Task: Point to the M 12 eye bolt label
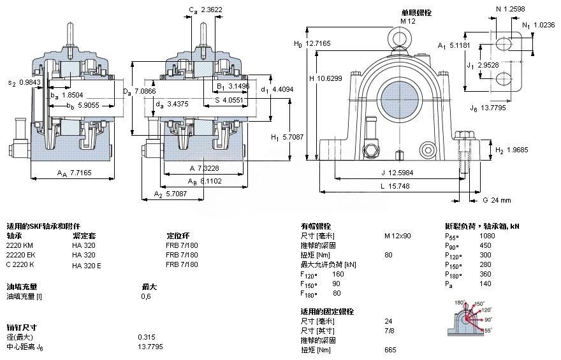[407, 21]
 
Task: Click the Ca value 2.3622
[212, 10]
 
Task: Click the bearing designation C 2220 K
[21, 264]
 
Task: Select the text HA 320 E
[87, 264]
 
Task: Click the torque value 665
[390, 350]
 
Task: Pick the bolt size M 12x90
[397, 236]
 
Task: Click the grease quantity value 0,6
[146, 296]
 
